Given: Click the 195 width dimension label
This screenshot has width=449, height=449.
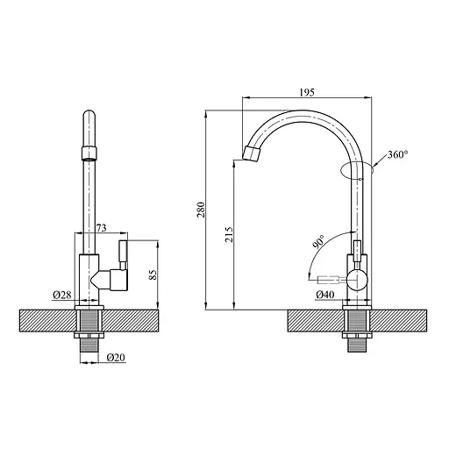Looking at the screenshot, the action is click(307, 92).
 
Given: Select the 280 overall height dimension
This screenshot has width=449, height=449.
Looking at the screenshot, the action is click(202, 210).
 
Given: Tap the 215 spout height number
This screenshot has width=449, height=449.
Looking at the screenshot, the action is click(229, 234).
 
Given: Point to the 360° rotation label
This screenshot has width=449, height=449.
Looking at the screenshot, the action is click(398, 154).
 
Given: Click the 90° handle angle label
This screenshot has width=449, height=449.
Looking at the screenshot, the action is click(318, 241).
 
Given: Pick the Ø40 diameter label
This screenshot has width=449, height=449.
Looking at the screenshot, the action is click(325, 295).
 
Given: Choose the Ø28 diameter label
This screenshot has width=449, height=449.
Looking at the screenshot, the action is click(62, 295).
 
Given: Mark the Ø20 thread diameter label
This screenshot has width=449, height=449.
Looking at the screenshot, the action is click(116, 357).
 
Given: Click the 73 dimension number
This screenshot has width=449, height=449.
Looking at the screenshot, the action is click(102, 228).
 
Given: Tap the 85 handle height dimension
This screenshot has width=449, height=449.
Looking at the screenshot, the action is click(153, 274).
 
